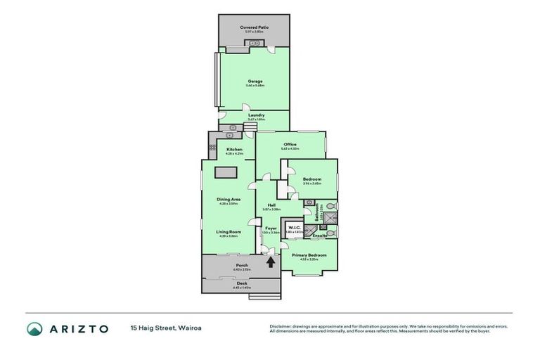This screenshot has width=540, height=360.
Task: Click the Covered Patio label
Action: [x=254, y=27]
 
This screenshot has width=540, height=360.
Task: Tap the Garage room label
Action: [x=255, y=82]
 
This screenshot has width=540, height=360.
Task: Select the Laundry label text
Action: [x=256, y=115]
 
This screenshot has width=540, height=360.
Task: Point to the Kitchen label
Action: [x=234, y=149]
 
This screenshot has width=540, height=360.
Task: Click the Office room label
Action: [x=290, y=145]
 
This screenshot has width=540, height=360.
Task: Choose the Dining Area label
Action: [x=229, y=200]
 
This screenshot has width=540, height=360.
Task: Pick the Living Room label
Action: [x=229, y=232]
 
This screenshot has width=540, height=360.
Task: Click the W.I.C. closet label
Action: [x=293, y=227]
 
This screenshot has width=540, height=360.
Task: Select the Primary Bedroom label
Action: [x=309, y=255]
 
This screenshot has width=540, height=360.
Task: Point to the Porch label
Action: [x=241, y=265]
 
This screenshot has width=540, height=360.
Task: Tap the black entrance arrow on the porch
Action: [x=271, y=263]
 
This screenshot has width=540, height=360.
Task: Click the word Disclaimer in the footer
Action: [x=282, y=326]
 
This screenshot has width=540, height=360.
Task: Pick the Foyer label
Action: [x=271, y=229]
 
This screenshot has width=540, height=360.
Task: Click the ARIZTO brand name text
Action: [x=77, y=328]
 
